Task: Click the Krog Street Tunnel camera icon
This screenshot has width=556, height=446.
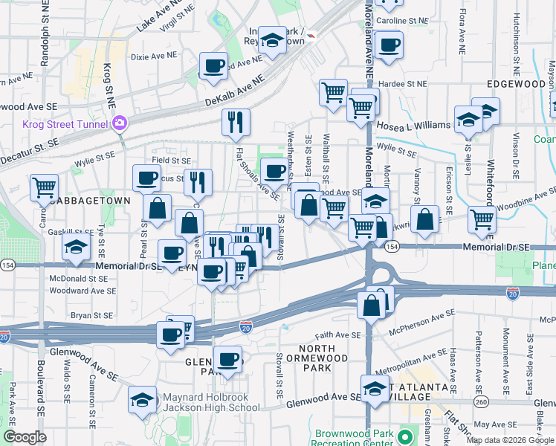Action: pos(120,124)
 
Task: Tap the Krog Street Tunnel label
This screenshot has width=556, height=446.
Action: pos(66,124)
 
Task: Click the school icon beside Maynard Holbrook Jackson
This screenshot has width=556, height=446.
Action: pos(142,399)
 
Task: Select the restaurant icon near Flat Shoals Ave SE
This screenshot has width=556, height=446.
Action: pos(236,121)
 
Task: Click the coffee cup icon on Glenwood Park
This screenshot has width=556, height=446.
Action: pos(227,358)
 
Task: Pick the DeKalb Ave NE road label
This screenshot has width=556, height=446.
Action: pos(233,88)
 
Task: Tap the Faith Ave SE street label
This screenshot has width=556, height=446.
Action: pos(337,335)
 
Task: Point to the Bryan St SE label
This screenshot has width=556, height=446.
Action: pos(91,316)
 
